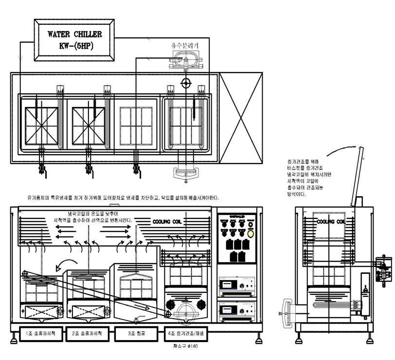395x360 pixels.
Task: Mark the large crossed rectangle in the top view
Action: [x=241, y=120]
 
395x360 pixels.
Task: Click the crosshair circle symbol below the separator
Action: [x=185, y=82]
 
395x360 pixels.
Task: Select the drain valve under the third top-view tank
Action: [x=137, y=170]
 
